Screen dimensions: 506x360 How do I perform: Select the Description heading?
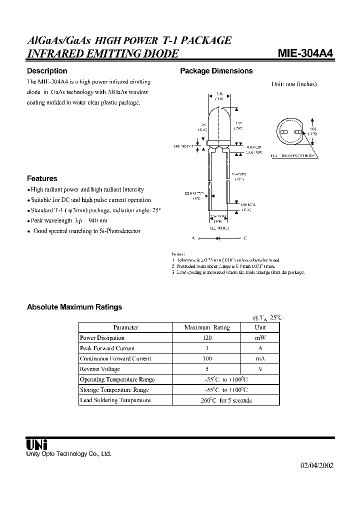(47, 71)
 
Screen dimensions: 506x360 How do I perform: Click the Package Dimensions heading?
(216, 71)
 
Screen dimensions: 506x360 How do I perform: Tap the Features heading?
(42, 178)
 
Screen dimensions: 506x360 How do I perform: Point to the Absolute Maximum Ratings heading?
(74, 307)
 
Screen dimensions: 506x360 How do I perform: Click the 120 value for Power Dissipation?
(206, 338)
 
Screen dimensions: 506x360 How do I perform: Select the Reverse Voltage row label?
(100, 369)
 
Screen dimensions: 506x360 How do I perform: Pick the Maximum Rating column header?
(206, 327)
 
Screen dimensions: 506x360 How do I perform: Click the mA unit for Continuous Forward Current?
(260, 358)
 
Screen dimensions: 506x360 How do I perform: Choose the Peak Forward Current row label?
(107, 348)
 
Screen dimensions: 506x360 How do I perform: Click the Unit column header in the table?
(260, 327)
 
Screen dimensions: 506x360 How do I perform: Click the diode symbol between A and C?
(218, 239)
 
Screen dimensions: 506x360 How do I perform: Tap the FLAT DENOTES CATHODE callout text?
(294, 156)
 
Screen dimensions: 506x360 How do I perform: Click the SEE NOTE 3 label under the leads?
(219, 228)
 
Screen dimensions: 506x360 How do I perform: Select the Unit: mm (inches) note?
(293, 84)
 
